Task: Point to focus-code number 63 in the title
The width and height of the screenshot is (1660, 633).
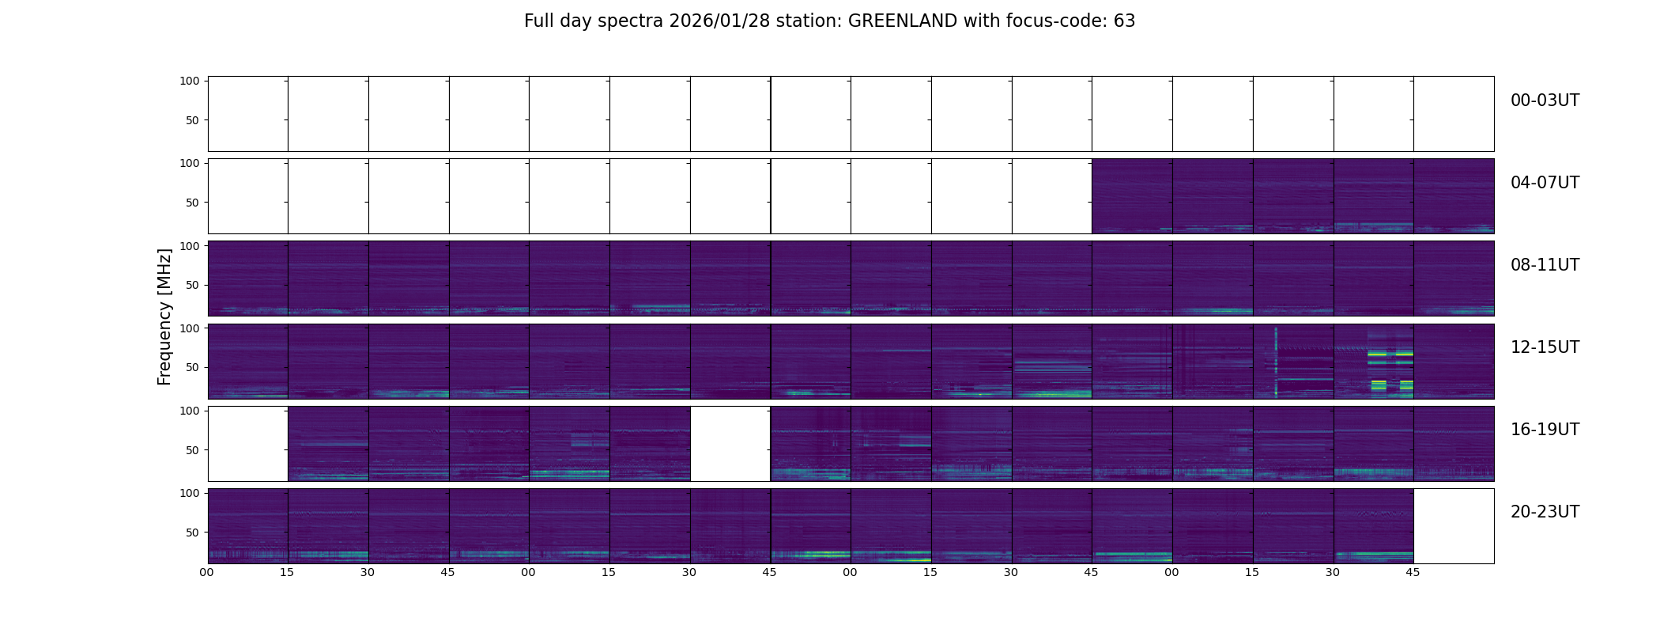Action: (1124, 21)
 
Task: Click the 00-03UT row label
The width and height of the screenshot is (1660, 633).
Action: (1545, 100)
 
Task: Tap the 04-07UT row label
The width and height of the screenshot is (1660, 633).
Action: (1545, 183)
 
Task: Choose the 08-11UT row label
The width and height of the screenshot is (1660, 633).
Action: (1545, 265)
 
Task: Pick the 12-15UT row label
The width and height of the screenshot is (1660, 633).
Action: (1545, 347)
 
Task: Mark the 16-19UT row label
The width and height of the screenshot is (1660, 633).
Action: (1545, 430)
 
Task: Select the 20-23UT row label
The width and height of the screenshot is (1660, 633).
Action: (1545, 512)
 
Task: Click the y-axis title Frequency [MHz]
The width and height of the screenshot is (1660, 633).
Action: (164, 316)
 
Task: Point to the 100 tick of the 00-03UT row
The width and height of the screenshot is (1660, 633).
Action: (190, 81)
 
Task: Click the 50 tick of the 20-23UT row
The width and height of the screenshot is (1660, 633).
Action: (192, 533)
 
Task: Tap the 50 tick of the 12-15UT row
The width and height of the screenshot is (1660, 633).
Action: (192, 367)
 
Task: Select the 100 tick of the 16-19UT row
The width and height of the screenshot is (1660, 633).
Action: (190, 411)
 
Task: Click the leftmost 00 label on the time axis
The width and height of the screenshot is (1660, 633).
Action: (206, 572)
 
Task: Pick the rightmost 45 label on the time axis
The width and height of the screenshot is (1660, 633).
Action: (1413, 572)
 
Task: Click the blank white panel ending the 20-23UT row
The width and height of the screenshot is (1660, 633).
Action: (1454, 526)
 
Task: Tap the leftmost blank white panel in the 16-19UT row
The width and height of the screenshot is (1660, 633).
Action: (247, 444)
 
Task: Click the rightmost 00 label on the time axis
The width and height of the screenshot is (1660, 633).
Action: (1171, 572)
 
